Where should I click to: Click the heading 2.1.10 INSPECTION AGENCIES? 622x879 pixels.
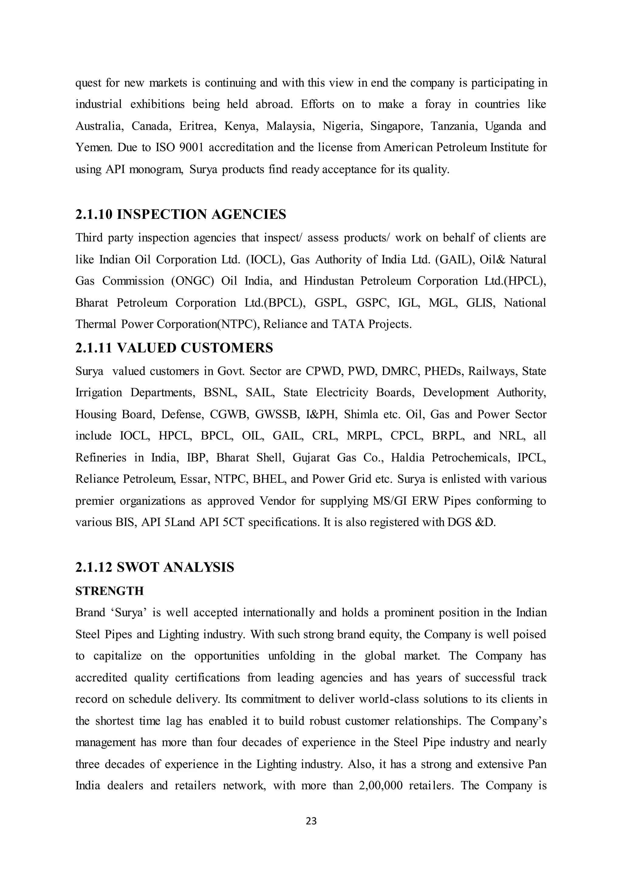coord(180,215)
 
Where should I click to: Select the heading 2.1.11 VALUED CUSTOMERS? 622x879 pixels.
coord(174,348)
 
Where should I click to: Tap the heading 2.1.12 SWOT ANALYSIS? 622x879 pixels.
coord(155,567)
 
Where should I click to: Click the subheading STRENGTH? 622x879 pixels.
coord(109,591)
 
